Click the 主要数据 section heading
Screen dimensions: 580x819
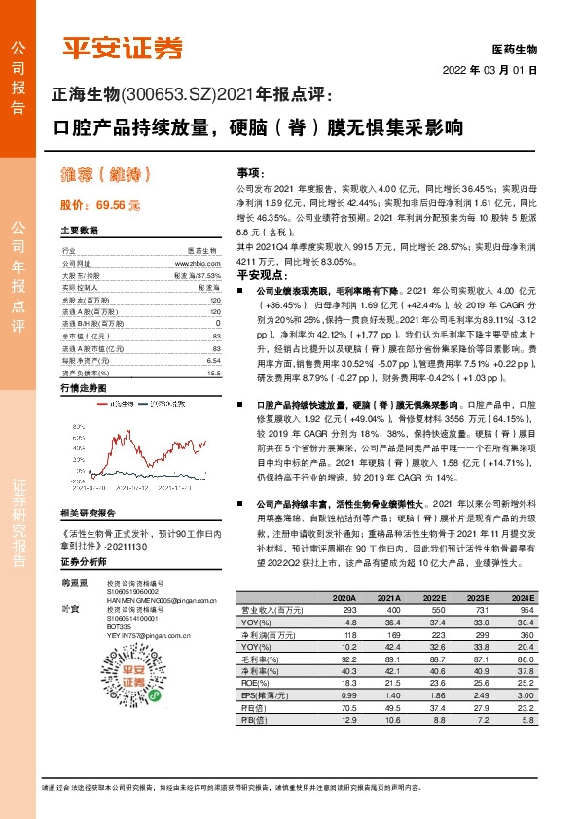(x=80, y=231)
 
